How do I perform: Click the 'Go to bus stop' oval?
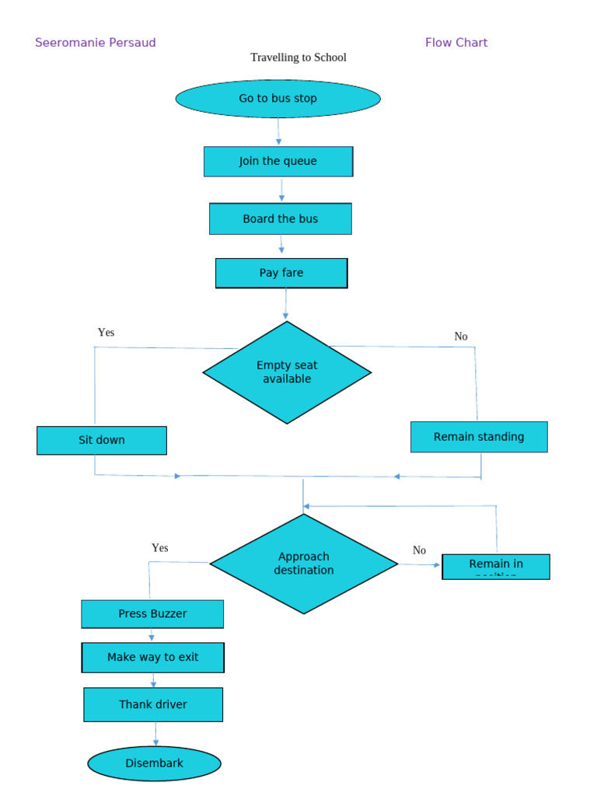(278, 99)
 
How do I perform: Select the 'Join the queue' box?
(278, 162)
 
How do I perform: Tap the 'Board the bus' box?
(280, 219)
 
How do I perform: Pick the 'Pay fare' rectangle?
(281, 273)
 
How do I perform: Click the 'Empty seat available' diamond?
(287, 372)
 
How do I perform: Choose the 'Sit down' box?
(102, 440)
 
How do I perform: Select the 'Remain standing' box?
(479, 437)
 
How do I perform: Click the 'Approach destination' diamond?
(304, 564)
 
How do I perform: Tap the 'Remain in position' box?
(496, 567)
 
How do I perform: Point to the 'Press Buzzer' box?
(152, 614)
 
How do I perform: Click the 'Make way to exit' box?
(153, 658)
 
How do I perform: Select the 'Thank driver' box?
(153, 704)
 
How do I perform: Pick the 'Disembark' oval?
(155, 763)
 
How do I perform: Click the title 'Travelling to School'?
(298, 58)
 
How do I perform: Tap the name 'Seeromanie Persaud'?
(96, 43)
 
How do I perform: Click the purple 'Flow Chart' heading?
(456, 43)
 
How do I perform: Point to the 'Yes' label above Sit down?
(106, 333)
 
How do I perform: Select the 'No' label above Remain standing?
(461, 337)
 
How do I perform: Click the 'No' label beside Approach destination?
(419, 550)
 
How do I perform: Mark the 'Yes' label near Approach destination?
(159, 548)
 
